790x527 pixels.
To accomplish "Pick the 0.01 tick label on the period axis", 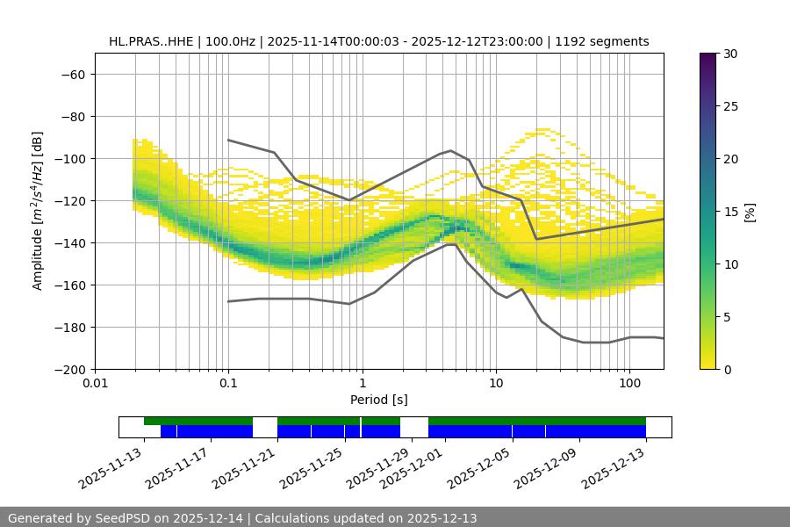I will click(x=95, y=384).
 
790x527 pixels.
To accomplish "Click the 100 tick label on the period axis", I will click(x=629, y=384).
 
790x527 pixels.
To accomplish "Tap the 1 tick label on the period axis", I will click(x=362, y=384).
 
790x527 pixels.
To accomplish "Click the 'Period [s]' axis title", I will click(x=378, y=400).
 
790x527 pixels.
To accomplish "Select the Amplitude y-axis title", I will click(x=38, y=211).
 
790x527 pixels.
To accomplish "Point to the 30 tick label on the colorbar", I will click(x=729, y=54).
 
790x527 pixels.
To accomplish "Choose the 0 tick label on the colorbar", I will click(x=726, y=369).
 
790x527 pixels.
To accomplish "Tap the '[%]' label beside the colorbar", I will click(x=749, y=212).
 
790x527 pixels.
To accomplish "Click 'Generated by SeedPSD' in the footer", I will click(x=79, y=518).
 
